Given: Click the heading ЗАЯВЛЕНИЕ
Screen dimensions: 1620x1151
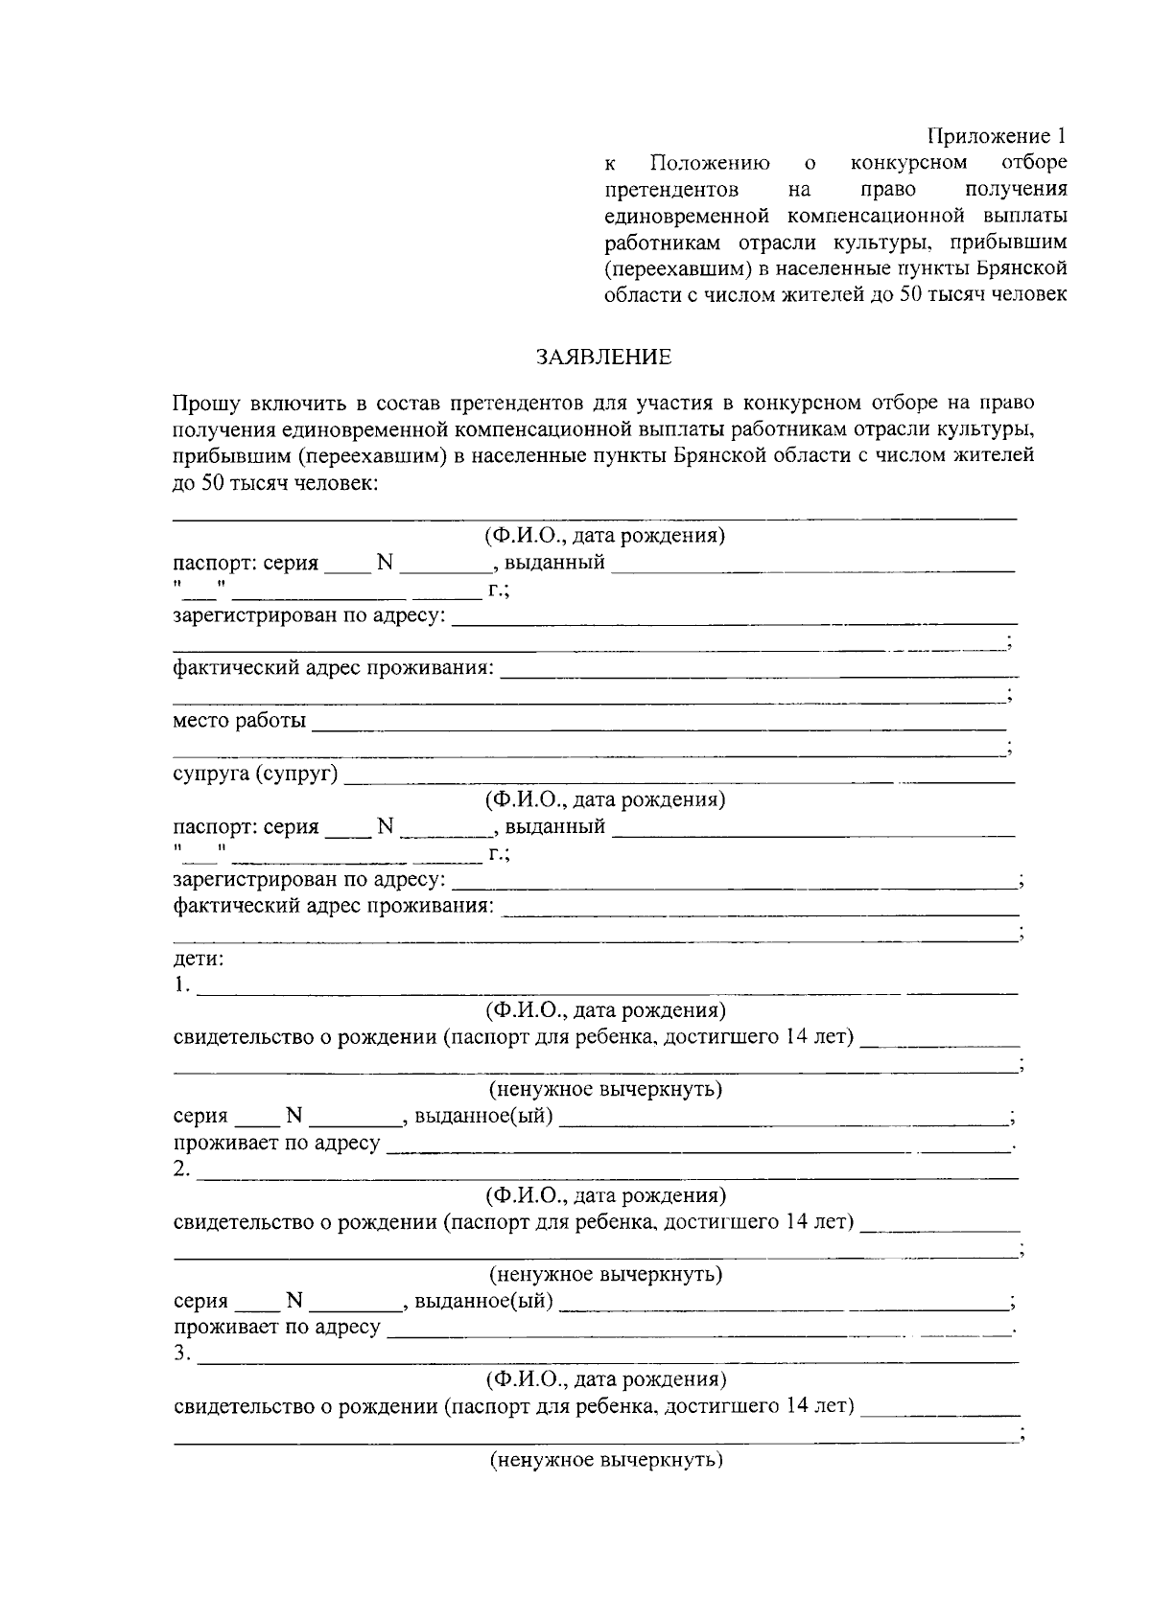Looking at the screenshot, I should coord(603,358).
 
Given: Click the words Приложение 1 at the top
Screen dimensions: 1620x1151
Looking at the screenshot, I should coord(997,136).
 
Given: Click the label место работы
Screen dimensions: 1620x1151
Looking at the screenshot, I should coord(240,720).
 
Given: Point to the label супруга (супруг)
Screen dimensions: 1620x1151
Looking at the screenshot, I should coord(255,773).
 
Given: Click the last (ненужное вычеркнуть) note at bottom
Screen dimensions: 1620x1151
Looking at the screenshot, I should coord(605,1460).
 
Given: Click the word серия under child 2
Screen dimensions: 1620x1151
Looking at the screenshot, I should coord(200,1301).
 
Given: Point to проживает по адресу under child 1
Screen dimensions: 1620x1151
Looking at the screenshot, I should coord(277,1143).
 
